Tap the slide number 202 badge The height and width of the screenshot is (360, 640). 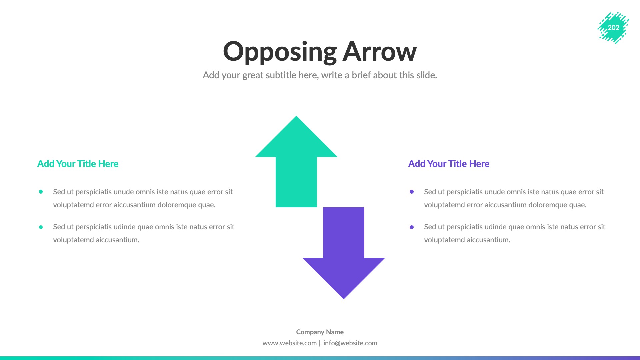click(x=613, y=28)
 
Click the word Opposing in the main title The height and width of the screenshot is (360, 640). click(x=280, y=52)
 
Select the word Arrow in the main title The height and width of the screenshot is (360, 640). click(x=380, y=52)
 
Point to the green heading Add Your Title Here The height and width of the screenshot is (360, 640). click(x=78, y=164)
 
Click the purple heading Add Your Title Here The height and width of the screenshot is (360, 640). click(x=449, y=164)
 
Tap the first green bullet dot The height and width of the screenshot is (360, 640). click(x=41, y=192)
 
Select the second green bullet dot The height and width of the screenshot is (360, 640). click(x=41, y=227)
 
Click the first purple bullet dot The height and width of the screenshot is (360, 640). click(x=412, y=192)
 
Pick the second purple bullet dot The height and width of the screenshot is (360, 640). click(x=412, y=227)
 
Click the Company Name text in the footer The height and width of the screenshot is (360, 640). click(x=320, y=332)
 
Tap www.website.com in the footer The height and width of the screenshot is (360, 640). click(x=289, y=343)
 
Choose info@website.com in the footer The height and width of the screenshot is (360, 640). click(x=350, y=343)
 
